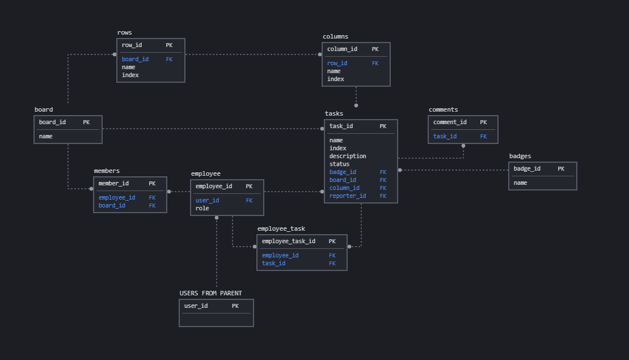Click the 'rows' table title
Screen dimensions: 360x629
(124, 33)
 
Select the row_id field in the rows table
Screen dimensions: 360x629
(132, 45)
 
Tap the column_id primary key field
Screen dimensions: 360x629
(342, 49)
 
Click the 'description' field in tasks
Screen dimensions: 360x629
(348, 156)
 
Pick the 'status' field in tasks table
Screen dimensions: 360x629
(339, 164)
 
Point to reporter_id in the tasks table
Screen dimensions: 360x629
(348, 196)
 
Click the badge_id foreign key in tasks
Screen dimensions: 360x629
(343, 172)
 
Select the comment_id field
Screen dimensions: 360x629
(450, 122)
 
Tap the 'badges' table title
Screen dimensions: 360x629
(520, 156)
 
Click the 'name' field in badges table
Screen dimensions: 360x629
(520, 183)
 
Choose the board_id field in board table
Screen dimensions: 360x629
(52, 122)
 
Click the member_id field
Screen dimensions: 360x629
(113, 184)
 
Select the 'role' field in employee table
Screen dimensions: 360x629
(202, 209)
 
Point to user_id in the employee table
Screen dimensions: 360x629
(207, 201)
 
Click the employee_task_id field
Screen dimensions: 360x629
(288, 242)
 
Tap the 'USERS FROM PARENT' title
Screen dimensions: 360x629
(210, 294)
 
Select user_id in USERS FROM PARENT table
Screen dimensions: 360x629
(196, 306)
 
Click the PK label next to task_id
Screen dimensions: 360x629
(383, 126)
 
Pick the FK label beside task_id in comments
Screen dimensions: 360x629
(483, 137)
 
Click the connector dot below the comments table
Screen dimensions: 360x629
(463, 146)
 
